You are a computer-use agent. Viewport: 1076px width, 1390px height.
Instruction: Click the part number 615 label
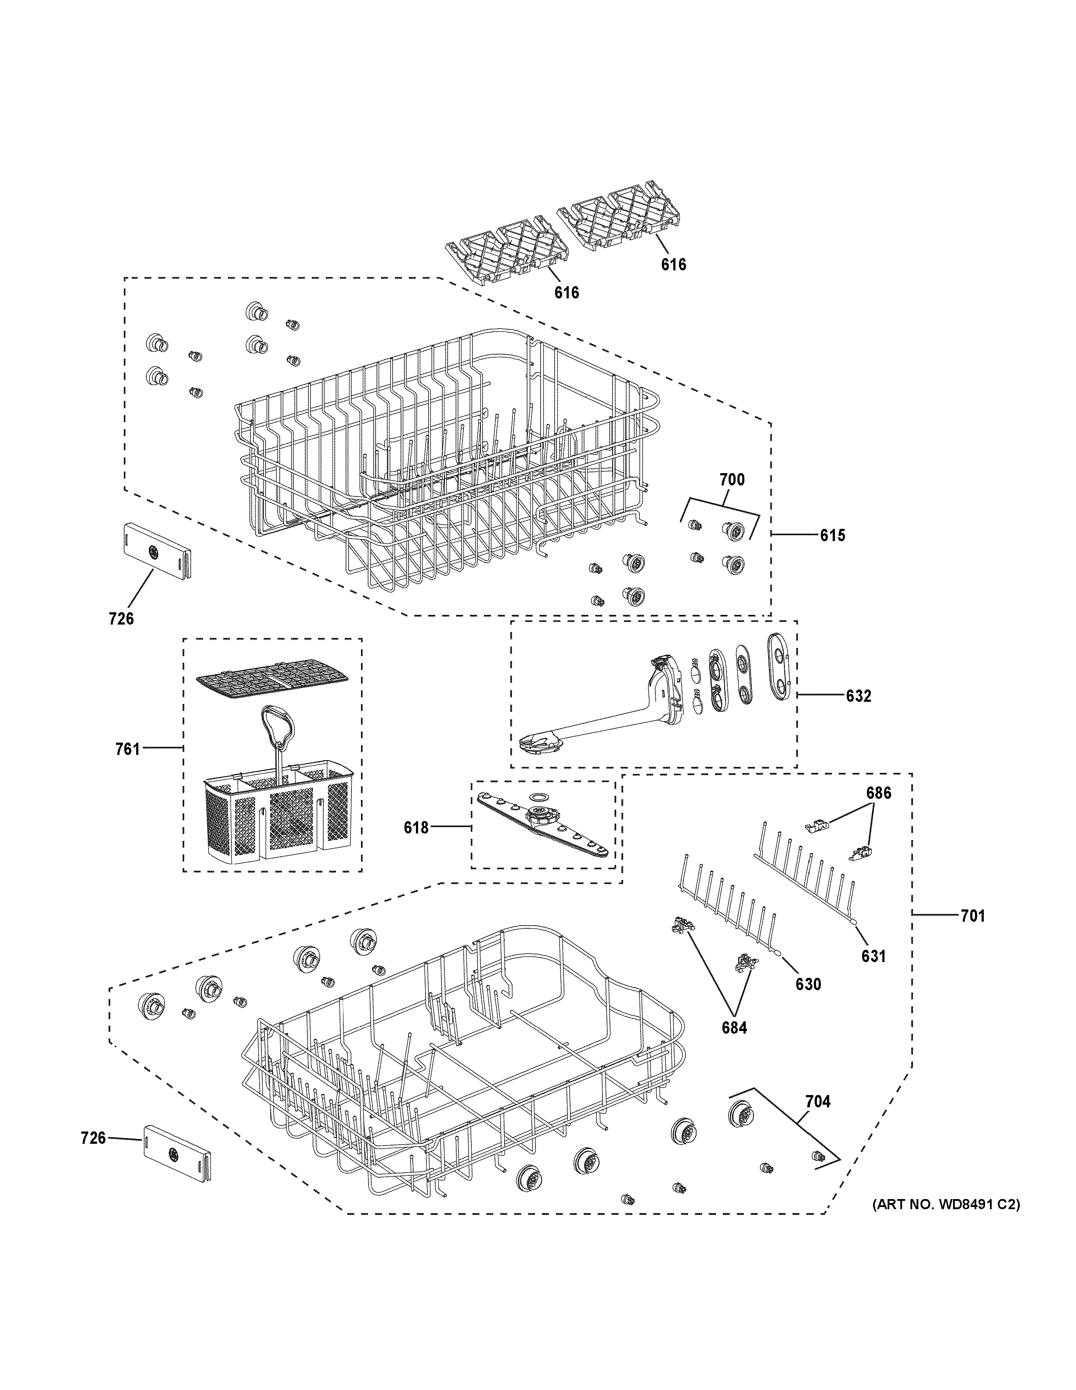pyautogui.click(x=832, y=536)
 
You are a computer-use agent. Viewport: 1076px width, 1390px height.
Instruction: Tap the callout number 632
pyautogui.click(x=858, y=696)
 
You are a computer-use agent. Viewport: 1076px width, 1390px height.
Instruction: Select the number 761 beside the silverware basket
pyautogui.click(x=127, y=749)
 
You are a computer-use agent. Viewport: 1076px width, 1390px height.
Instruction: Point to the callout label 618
pyautogui.click(x=416, y=828)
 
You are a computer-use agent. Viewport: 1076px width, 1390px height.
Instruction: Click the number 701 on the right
pyautogui.click(x=972, y=916)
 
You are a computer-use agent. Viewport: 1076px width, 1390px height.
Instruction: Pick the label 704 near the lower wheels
pyautogui.click(x=817, y=1101)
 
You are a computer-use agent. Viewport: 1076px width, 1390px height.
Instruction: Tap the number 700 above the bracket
pyautogui.click(x=732, y=480)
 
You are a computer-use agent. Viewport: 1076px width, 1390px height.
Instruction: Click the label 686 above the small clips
pyautogui.click(x=878, y=793)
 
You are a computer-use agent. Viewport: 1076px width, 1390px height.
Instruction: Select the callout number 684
pyautogui.click(x=734, y=1027)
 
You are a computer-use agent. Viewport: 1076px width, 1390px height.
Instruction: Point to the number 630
pyautogui.click(x=808, y=984)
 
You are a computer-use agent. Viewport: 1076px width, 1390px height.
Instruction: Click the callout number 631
pyautogui.click(x=873, y=956)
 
